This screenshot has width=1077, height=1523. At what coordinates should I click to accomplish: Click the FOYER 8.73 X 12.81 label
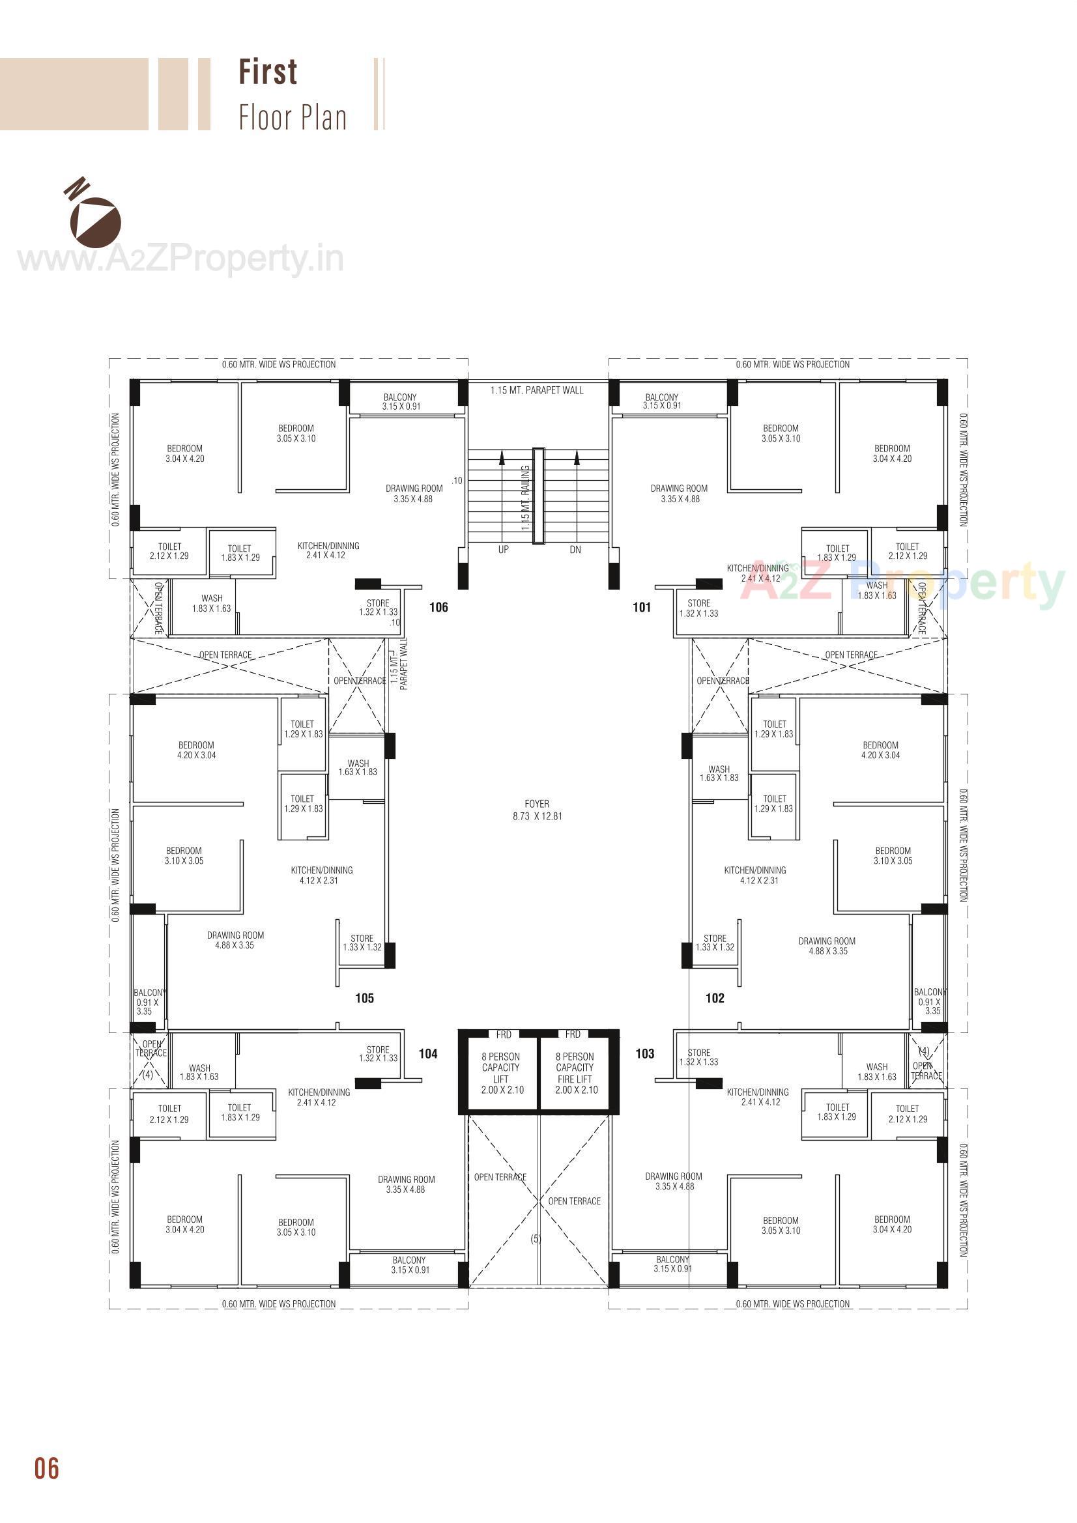pos(537,810)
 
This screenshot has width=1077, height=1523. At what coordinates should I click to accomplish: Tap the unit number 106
pos(438,607)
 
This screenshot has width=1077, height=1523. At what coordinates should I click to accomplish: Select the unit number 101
pos(642,607)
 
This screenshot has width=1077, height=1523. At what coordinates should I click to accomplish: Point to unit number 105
pos(364,999)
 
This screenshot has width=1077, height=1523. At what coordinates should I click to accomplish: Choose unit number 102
pos(715,999)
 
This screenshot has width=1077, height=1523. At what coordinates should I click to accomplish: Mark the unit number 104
pos(428,1053)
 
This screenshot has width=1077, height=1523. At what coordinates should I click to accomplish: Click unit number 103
pos(645,1053)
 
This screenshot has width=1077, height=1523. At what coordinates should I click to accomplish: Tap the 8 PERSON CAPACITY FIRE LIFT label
pos(575,1074)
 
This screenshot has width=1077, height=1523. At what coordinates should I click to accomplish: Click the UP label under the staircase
pos(504,550)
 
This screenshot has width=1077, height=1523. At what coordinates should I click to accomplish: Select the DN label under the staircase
pos(575,550)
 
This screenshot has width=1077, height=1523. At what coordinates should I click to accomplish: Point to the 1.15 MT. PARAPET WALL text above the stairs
pos(537,390)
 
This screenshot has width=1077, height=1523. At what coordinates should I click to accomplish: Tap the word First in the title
pos(268,72)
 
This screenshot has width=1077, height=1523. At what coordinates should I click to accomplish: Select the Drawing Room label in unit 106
pos(414,494)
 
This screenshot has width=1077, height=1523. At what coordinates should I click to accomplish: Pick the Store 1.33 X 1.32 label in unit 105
pos(362,943)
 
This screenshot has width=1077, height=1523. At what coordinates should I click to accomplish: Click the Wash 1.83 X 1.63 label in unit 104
pos(199,1073)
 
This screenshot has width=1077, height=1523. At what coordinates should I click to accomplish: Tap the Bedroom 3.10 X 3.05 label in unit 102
pos(893,856)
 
